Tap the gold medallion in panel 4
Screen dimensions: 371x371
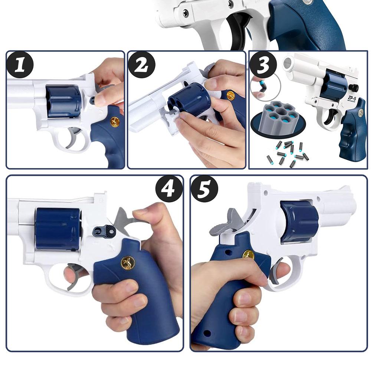click(128, 263)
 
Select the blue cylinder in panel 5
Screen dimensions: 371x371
click(299, 221)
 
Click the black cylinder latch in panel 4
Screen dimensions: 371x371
click(104, 232)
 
